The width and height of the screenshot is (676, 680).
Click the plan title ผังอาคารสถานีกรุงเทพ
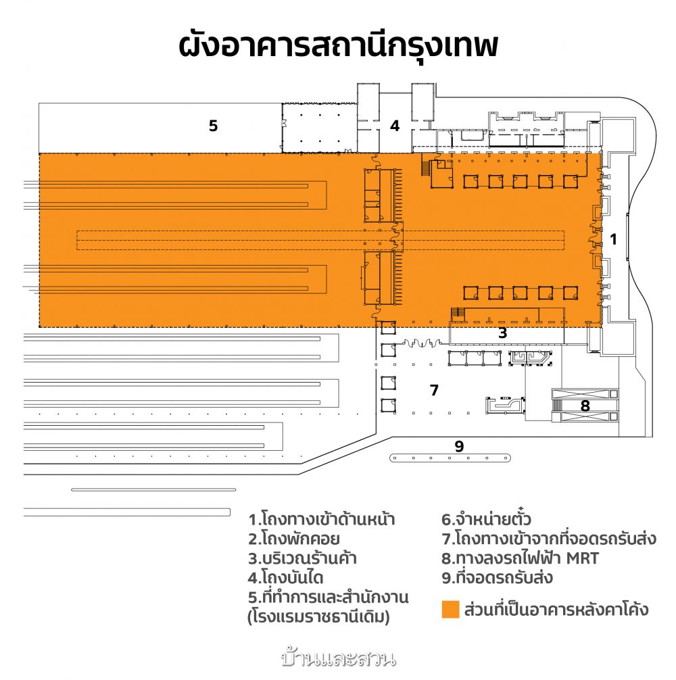(x=338, y=45)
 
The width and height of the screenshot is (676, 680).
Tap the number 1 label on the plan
(x=613, y=239)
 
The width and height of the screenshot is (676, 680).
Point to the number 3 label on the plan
(x=502, y=333)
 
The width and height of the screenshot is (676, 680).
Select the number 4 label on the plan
(x=395, y=126)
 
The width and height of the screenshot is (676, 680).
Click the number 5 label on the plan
(x=213, y=126)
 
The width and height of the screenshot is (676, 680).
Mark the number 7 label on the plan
(x=434, y=390)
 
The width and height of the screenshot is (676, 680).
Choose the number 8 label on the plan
(x=585, y=406)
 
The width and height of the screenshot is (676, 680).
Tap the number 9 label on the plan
(x=459, y=446)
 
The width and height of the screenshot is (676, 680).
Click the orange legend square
(x=450, y=609)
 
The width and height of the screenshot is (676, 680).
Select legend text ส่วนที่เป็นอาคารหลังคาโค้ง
(x=556, y=609)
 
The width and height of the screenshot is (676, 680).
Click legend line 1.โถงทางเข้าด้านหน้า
(x=321, y=518)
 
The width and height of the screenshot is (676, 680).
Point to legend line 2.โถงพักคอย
(x=293, y=539)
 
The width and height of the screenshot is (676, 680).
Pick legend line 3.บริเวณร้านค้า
(x=302, y=558)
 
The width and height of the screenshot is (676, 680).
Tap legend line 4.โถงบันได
(x=286, y=578)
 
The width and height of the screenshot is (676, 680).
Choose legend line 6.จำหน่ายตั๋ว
(x=486, y=518)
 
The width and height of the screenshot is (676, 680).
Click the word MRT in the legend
(x=582, y=558)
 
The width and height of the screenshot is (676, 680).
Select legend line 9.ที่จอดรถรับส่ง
(x=497, y=578)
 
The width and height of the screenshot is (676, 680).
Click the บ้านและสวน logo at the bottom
(x=338, y=658)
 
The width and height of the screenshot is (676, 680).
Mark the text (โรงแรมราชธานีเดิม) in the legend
(x=318, y=616)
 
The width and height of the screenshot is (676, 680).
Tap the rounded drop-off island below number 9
(x=450, y=458)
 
